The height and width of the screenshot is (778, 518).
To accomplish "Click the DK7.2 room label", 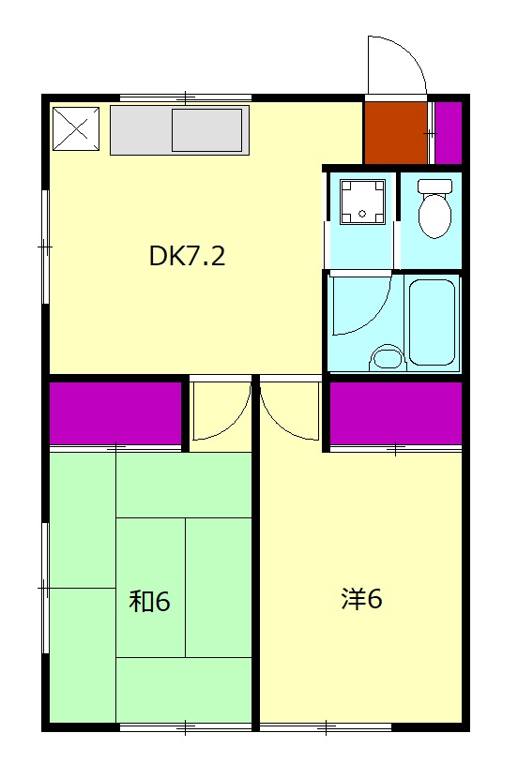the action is coord(188,256).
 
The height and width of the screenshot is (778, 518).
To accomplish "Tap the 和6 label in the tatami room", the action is coord(149,601).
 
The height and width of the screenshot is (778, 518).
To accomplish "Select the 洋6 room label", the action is coord(361,599).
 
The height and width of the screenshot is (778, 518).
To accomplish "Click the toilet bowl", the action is coord(435,208).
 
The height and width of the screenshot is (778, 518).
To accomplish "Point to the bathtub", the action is coord(432,322).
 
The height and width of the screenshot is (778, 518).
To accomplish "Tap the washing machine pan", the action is coord(362,202).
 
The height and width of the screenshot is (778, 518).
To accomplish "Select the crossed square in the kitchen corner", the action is coord(76,128).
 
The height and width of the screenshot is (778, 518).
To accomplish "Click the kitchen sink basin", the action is coord(207,130).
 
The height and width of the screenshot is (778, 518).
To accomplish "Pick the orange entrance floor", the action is coord(396,132).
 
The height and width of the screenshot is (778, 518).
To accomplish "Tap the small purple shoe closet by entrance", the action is coord(449,132).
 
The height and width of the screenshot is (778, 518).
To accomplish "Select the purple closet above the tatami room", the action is coord(115,412).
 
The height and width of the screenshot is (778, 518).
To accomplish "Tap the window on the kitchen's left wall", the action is coord(45,247).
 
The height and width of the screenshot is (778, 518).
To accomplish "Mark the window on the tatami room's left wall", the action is coord(45,588).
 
